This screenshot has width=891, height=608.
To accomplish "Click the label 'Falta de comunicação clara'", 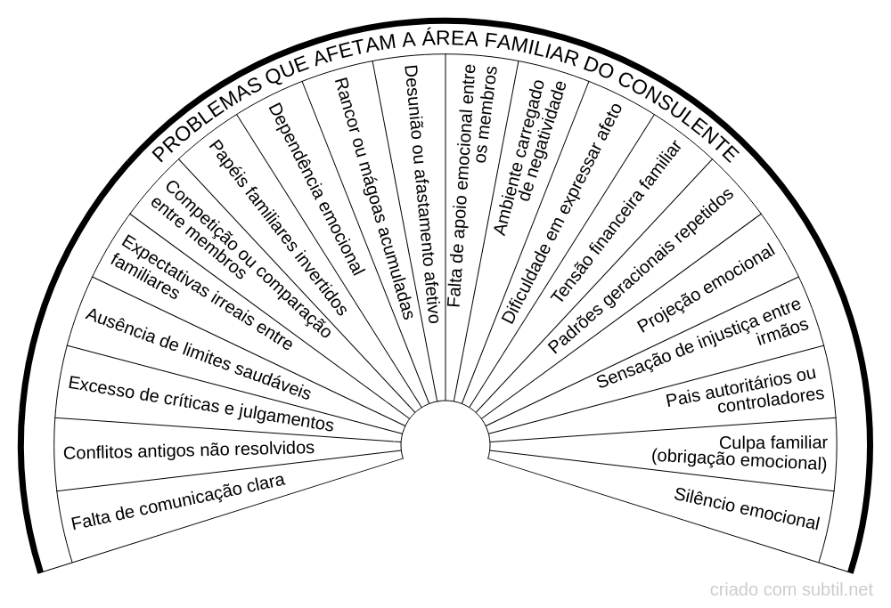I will pos(177,503).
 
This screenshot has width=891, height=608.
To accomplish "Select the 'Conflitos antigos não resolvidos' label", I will pos(188,449).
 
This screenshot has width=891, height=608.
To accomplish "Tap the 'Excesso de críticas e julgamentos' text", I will pos(200,403).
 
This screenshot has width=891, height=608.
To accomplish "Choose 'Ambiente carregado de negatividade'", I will pos(529,157).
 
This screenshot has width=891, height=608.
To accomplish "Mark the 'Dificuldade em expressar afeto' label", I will pos(560,214).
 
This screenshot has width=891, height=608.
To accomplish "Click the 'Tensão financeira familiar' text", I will pos(615,223).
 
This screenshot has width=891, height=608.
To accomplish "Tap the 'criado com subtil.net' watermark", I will pos(791,589).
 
